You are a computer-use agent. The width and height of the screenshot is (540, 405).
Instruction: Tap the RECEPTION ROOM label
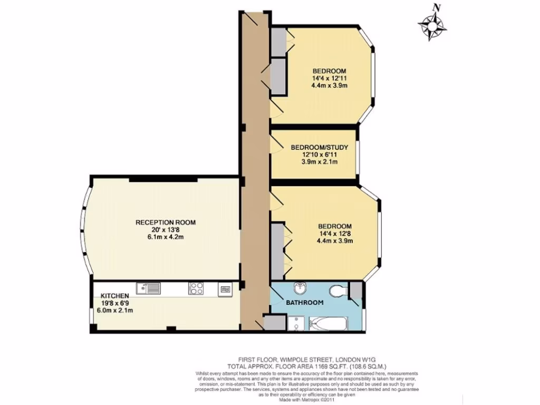pos(162,223)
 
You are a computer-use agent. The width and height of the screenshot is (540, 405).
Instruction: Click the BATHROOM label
pos(304,303)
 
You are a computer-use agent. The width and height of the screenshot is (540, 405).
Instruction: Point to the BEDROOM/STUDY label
pos(320,148)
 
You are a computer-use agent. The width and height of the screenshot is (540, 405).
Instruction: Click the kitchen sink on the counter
pos(148,288)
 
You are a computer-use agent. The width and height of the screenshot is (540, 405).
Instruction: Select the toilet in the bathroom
pos(337,291)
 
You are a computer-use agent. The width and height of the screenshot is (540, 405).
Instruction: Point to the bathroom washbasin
pos(300,287)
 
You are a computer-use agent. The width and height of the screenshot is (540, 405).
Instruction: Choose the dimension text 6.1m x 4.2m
pos(162,237)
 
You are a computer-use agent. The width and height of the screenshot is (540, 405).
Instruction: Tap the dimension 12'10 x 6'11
pos(320,155)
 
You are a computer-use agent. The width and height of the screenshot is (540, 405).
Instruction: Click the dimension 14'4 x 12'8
pos(334,234)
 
